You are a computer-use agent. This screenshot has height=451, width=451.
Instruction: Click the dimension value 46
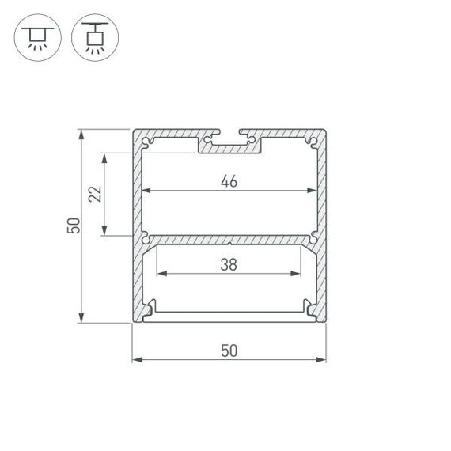[x=229, y=181]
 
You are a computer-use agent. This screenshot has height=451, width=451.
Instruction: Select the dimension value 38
[x=229, y=265]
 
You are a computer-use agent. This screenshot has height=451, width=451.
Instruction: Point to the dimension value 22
[x=94, y=194]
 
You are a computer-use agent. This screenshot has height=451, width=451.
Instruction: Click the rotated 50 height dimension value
[x=73, y=225]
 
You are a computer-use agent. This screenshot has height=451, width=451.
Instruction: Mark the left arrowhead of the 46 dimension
[x=146, y=191]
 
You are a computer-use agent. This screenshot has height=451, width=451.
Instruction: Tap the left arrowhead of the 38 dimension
[x=161, y=275]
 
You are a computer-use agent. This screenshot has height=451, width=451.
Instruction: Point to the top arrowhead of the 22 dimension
[x=104, y=157]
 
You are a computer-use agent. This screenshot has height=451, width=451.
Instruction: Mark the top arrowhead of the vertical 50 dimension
[x=81, y=134]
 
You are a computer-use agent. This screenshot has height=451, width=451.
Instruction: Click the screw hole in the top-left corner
[x=146, y=142]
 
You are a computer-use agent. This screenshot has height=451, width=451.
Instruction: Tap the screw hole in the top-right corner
[x=313, y=142]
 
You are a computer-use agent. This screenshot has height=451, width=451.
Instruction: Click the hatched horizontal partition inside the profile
[x=229, y=239]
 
